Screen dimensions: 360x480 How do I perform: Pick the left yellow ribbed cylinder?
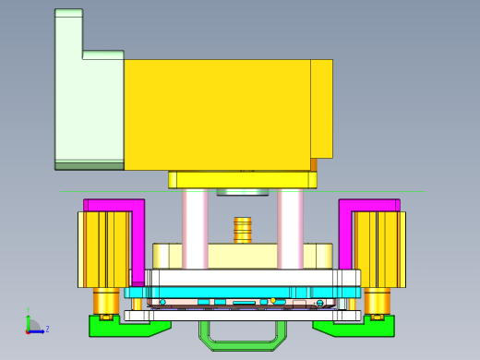coord(103,249)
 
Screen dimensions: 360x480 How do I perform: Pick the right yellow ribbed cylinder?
coord(378,249)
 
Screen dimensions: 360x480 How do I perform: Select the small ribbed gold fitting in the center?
coord(242,229)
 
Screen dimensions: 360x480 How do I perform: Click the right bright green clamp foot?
coord(365,327)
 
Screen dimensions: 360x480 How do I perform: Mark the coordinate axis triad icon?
coord(32,326)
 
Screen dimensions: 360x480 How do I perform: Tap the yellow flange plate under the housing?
coord(242,180)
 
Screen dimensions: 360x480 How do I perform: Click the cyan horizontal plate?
coord(242,293)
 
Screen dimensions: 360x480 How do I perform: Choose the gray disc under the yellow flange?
coord(242,192)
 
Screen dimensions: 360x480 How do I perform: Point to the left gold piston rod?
coord(106,301)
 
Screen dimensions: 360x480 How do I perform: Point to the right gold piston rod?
coord(377,301)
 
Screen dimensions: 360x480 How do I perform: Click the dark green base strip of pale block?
coord(89,166)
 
